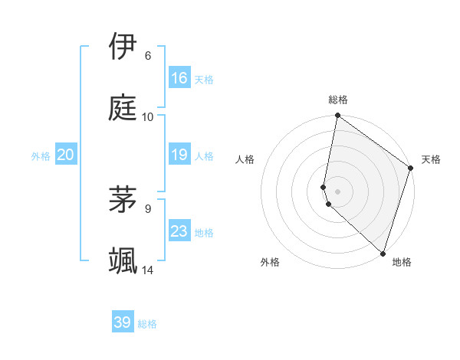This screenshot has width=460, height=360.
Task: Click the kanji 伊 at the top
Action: pyautogui.click(x=123, y=47)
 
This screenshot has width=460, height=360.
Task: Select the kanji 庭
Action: pyautogui.click(x=123, y=107)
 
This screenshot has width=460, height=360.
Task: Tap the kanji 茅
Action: pyautogui.click(x=123, y=199)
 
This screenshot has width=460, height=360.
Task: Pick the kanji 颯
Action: pyautogui.click(x=123, y=260)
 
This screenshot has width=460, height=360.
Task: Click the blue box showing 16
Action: pyautogui.click(x=179, y=78)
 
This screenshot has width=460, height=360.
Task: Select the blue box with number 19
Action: pyautogui.click(x=179, y=155)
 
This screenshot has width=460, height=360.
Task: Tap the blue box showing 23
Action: pyautogui.click(x=179, y=231)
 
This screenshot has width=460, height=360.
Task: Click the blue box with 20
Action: pyautogui.click(x=66, y=155)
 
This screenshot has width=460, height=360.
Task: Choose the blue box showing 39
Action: pyautogui.click(x=123, y=322)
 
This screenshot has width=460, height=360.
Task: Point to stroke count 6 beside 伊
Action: pyautogui.click(x=148, y=56)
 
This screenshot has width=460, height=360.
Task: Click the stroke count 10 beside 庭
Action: pyautogui.click(x=148, y=117)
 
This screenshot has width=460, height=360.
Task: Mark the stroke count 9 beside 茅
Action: pyautogui.click(x=148, y=208)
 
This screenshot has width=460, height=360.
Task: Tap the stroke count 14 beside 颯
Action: pyautogui.click(x=148, y=270)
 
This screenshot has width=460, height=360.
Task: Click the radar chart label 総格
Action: pyautogui.click(x=338, y=100)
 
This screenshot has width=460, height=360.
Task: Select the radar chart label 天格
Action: pyautogui.click(x=431, y=159)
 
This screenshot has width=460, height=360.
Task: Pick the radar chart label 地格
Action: pyautogui.click(x=402, y=262)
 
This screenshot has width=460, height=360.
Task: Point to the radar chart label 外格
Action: pyautogui.click(x=270, y=262)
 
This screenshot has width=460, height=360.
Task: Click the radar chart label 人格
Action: pyautogui.click(x=245, y=159)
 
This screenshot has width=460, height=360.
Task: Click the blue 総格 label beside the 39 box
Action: pyautogui.click(x=147, y=324)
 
